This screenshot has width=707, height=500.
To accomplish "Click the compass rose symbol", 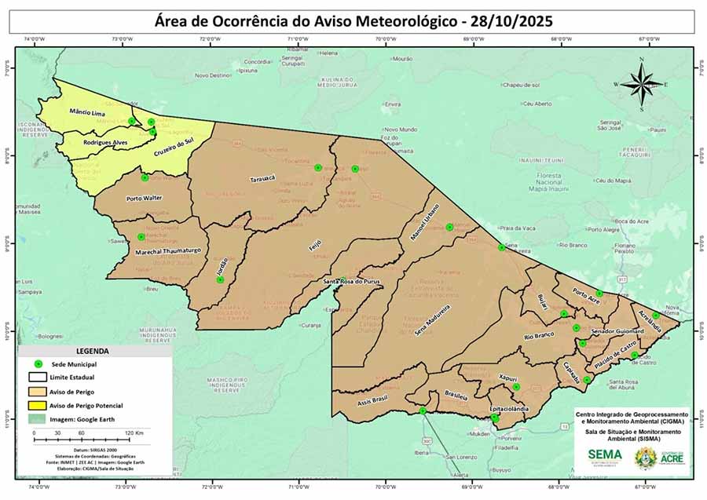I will coord(642,82).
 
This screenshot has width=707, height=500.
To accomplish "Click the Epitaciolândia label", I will coord(507,409).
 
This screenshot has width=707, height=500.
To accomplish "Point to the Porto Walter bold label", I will coord(145,199).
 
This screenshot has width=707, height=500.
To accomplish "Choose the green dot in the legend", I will coord(37,365).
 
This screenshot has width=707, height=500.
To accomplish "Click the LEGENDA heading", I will coord(92,352).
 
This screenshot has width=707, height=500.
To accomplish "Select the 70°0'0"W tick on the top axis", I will coord(384,38).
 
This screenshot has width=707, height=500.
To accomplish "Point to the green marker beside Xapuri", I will coord(516,387).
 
